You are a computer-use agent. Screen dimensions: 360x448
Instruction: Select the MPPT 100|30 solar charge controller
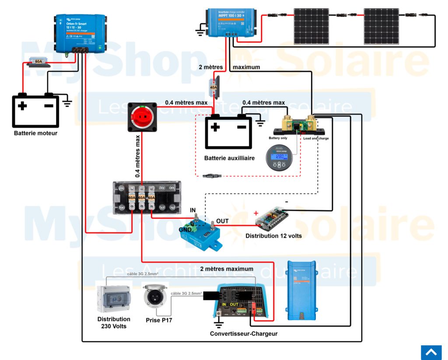tap(231, 21)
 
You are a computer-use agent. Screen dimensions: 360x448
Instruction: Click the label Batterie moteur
tap(35, 133)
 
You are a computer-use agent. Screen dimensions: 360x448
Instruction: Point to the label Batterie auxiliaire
tap(229, 158)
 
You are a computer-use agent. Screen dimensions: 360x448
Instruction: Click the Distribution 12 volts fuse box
tap(272, 218)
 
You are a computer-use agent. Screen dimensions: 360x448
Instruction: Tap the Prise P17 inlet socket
tap(155, 297)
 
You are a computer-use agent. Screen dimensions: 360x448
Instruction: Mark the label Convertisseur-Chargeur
tap(243, 334)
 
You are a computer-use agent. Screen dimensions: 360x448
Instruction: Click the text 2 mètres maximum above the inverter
tap(227, 269)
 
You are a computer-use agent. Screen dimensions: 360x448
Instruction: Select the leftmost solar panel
tap(311, 26)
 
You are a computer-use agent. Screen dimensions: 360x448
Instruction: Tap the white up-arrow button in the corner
tap(431, 352)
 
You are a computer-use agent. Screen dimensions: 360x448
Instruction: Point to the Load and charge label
tap(316, 138)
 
